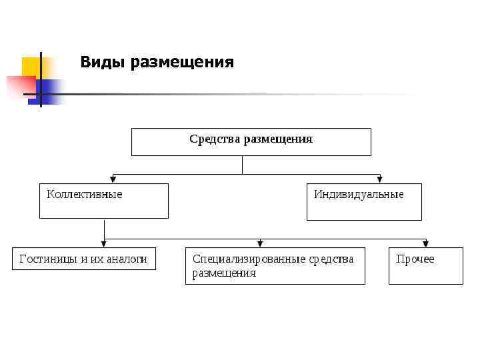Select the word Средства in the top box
click(x=215, y=139)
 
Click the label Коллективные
click(x=84, y=195)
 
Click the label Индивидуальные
click(x=359, y=195)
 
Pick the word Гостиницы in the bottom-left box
click(x=49, y=259)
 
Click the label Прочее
click(x=415, y=259)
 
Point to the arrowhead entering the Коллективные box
click(x=114, y=179)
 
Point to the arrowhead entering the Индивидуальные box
click(x=380, y=179)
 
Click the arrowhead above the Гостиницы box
click(x=104, y=243)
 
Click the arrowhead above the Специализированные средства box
click(x=260, y=243)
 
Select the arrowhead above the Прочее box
click(x=425, y=243)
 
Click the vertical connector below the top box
click(x=242, y=165)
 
